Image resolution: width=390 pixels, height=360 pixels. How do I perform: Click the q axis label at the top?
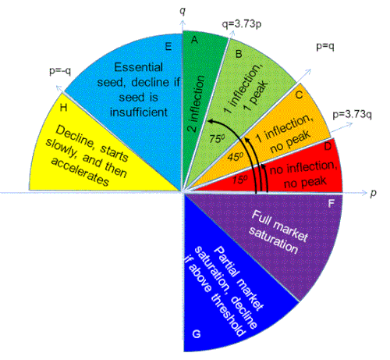pyautogui.click(x=183, y=12)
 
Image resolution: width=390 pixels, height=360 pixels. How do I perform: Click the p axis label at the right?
pyautogui.click(x=373, y=193)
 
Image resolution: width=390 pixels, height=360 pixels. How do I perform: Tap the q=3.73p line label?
pyautogui.click(x=242, y=24)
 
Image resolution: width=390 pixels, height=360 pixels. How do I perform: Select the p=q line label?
pyautogui.click(x=325, y=46)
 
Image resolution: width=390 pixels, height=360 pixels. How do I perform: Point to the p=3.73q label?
pyautogui.click(x=353, y=115)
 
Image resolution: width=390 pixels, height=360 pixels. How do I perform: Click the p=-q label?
pyautogui.click(x=60, y=71)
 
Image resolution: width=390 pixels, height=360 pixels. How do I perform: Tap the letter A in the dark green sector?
pyautogui.click(x=194, y=40)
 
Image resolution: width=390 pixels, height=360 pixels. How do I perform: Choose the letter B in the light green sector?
pyautogui.click(x=239, y=54)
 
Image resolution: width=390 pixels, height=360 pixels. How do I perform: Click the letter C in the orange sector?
pyautogui.click(x=299, y=94)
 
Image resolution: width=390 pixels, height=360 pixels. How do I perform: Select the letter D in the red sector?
pyautogui.click(x=328, y=147)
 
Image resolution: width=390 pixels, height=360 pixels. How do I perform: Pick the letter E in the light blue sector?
pyautogui.click(x=168, y=47)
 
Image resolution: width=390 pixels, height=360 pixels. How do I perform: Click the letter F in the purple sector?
pyautogui.click(x=331, y=203)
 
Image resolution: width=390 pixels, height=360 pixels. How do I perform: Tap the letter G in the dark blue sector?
pyautogui.click(x=197, y=333)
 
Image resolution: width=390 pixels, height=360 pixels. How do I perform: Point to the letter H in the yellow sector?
pyautogui.click(x=63, y=107)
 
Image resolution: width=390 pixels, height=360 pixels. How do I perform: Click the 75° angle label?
pyautogui.click(x=217, y=139)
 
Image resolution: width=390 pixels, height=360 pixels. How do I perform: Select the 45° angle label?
pyautogui.click(x=236, y=156)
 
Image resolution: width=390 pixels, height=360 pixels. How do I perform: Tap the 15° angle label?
pyautogui.click(x=240, y=179)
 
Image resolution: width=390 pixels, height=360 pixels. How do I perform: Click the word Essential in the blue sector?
pyautogui.click(x=139, y=67)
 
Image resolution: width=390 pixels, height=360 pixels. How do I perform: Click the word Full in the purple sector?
pyautogui.click(x=261, y=219)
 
